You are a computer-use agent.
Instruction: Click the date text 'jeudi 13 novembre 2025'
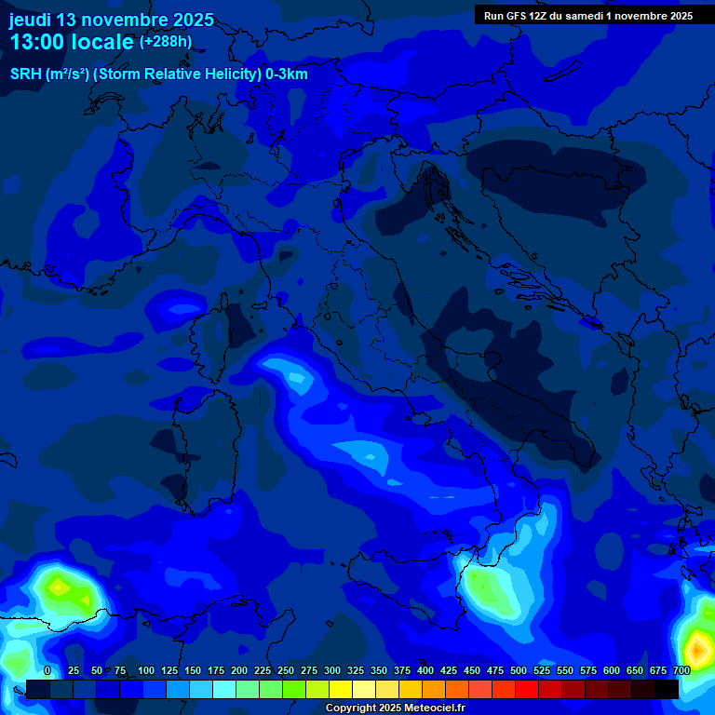(111, 20)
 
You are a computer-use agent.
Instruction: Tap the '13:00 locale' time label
(71, 42)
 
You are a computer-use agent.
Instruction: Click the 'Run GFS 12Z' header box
(588, 15)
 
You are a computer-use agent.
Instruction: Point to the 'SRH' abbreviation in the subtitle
(25, 74)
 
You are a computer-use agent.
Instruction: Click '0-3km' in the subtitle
(287, 74)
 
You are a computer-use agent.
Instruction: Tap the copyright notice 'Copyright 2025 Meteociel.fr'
(395, 708)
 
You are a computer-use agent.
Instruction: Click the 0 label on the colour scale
(47, 671)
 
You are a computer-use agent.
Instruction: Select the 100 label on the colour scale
(146, 671)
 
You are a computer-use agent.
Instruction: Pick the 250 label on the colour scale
(286, 671)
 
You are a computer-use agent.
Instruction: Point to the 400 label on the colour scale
(425, 671)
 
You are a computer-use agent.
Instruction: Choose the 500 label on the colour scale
(519, 671)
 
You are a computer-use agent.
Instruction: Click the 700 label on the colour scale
(681, 671)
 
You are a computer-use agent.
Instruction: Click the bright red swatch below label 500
(527, 689)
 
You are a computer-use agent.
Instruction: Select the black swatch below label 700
(667, 689)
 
